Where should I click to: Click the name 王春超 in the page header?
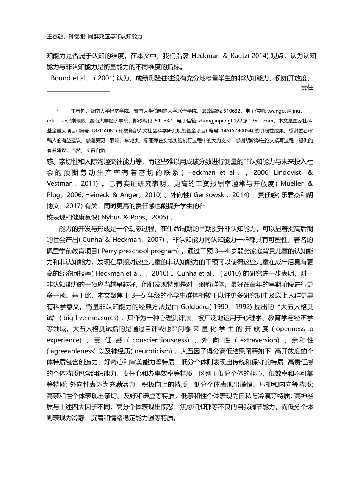click(53, 37)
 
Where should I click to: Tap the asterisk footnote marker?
click(58, 111)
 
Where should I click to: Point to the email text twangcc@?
click(279, 111)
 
